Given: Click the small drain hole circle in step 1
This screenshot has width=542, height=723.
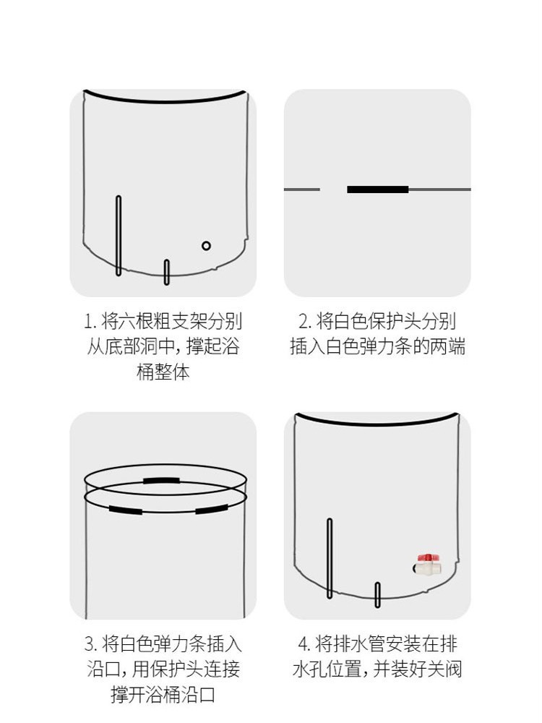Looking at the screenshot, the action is (206, 246).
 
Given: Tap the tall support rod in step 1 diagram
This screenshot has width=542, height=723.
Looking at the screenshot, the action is (119, 236).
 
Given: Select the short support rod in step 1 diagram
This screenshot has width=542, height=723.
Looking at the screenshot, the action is (167, 272).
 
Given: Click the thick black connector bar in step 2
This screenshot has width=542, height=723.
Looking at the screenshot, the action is (378, 189).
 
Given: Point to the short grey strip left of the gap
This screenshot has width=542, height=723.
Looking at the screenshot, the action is (302, 189).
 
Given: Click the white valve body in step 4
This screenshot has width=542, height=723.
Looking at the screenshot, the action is (428, 568).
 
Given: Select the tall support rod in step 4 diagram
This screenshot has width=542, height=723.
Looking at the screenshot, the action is (330, 558).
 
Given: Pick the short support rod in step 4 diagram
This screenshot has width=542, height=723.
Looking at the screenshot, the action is (377, 595).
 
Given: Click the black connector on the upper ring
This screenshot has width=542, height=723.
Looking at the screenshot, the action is (161, 481).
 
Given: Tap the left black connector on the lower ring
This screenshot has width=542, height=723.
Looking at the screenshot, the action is (126, 510).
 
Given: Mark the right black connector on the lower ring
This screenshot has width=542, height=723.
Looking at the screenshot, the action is (212, 509).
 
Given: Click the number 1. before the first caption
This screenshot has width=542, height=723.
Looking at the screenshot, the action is (90, 322).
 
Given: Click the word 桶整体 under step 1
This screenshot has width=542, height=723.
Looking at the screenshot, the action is (163, 372).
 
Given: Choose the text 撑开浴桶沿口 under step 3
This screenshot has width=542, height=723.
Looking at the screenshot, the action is (163, 694).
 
